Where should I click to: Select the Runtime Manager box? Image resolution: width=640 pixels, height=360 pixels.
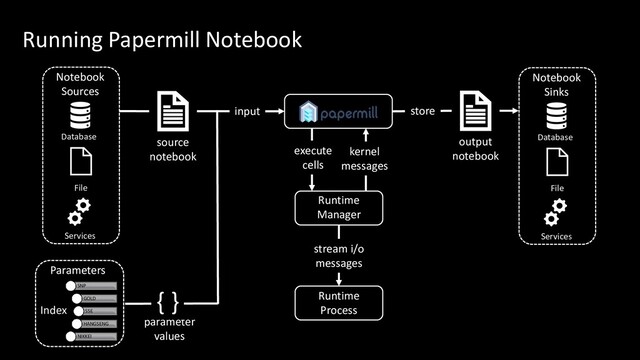point(338,207)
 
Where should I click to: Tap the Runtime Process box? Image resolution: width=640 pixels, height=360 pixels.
point(338,303)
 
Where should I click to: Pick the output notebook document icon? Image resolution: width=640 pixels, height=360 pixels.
point(474,112)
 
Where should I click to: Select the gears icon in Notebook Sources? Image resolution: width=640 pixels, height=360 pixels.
point(80,213)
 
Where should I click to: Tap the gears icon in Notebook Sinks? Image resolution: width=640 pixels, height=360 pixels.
point(556,213)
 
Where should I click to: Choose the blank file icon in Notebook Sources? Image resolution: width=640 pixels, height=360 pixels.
point(80,161)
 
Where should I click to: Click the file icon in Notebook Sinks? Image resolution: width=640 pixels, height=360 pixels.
point(556,161)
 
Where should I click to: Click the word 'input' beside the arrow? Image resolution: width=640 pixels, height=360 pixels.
point(247,111)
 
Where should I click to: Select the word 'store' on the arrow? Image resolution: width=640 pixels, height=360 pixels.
point(422,111)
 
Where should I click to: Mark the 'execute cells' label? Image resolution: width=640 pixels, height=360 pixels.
point(312,158)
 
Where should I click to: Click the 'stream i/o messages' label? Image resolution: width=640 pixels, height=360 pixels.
point(338,255)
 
